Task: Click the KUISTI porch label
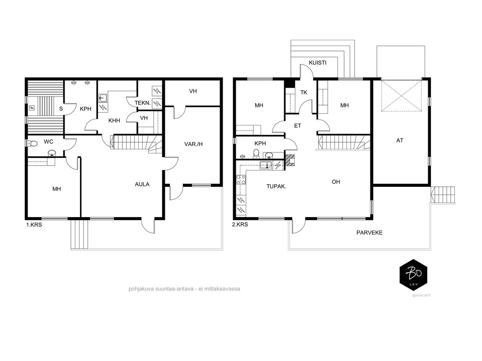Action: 318,63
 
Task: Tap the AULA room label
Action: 142,184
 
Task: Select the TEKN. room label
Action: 143,103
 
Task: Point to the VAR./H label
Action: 193,144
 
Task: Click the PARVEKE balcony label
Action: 370,233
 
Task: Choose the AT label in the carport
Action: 400,141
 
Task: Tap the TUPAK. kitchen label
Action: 276,186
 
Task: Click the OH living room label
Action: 336,182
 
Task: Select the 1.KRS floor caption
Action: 34,225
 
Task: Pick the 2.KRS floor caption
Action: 240,224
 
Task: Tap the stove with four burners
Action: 241,180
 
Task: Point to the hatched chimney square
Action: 290,160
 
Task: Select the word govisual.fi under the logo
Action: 421,295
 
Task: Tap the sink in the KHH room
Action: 103,98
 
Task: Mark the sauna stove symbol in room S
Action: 32,108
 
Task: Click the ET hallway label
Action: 298,125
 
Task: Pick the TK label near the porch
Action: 304,93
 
